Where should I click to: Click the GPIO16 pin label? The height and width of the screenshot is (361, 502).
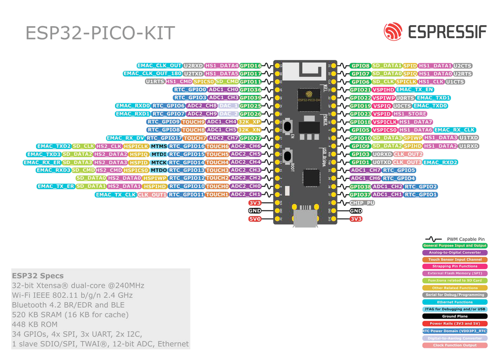pos(250,65)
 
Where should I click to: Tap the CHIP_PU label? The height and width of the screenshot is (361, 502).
pos(362,203)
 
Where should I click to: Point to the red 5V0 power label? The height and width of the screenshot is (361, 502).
pos(255,219)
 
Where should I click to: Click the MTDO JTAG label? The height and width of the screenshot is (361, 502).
pos(159,170)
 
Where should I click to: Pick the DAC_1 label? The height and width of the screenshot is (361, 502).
pos(228,106)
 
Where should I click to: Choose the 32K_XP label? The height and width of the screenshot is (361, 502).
pos(249,122)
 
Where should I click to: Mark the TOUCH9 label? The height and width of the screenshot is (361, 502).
pos(193,122)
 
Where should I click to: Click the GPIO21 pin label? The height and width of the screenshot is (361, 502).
pos(360,89)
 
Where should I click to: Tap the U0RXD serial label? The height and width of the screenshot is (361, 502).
pos(382,154)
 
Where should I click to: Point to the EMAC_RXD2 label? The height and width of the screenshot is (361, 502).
pos(440,162)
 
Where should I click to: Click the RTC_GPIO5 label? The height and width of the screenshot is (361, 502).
pos(399,170)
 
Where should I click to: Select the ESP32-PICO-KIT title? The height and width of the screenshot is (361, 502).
pos(100,33)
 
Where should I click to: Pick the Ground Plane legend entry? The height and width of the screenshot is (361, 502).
pos(455,316)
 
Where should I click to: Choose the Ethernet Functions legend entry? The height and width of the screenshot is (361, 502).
pos(455,302)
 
